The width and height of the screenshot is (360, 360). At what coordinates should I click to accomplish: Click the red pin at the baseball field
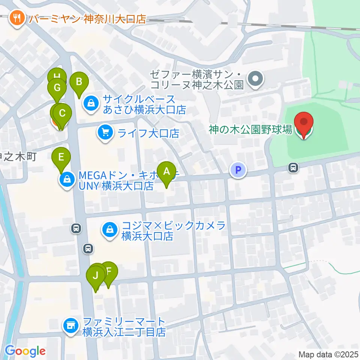click(303, 124)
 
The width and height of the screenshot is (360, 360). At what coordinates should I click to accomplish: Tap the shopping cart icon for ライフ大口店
click(105, 133)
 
